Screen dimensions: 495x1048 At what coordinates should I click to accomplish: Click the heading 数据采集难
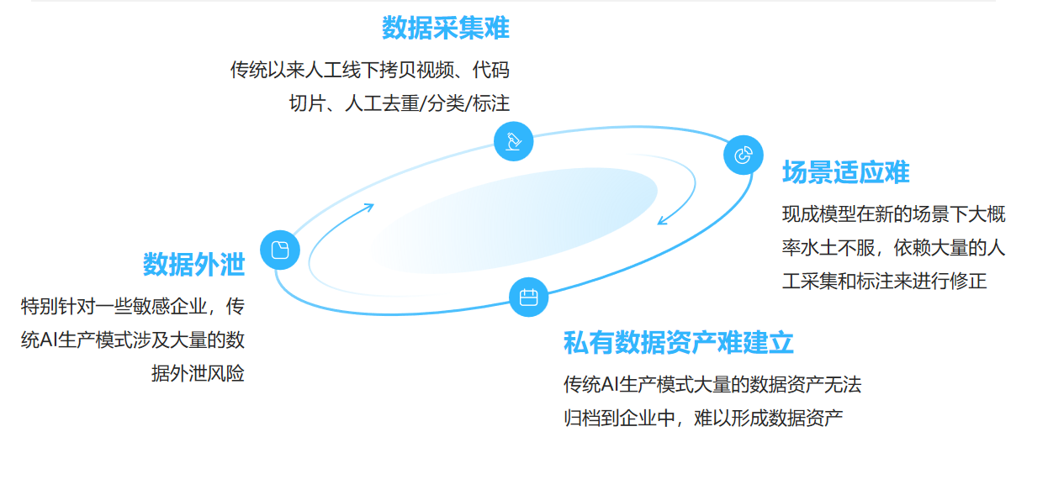445,29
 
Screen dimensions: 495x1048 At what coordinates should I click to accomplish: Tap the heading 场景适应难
845,172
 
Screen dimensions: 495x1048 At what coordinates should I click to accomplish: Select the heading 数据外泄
193,264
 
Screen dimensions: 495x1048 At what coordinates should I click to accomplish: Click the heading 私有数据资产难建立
678,343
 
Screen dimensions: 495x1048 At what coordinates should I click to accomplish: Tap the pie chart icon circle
744,155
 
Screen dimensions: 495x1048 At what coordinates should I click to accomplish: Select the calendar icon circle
528,297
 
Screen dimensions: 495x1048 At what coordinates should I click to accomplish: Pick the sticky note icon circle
280,250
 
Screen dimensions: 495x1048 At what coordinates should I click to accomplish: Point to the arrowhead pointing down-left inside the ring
663,221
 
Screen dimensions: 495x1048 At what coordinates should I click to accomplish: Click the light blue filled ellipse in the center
513,220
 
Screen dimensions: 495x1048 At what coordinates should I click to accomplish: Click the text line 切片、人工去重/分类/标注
400,103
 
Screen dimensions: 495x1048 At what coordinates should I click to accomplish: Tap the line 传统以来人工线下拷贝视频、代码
370,70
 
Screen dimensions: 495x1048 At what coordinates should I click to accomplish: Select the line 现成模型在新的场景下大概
893,214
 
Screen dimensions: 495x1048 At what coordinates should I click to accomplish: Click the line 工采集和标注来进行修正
884,282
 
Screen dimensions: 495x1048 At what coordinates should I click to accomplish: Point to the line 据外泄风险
198,373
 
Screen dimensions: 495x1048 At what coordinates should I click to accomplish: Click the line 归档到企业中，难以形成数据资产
703,418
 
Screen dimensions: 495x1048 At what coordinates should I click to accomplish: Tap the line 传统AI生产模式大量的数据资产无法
712,385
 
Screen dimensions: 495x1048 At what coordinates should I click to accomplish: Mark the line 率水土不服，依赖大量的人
893,248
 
